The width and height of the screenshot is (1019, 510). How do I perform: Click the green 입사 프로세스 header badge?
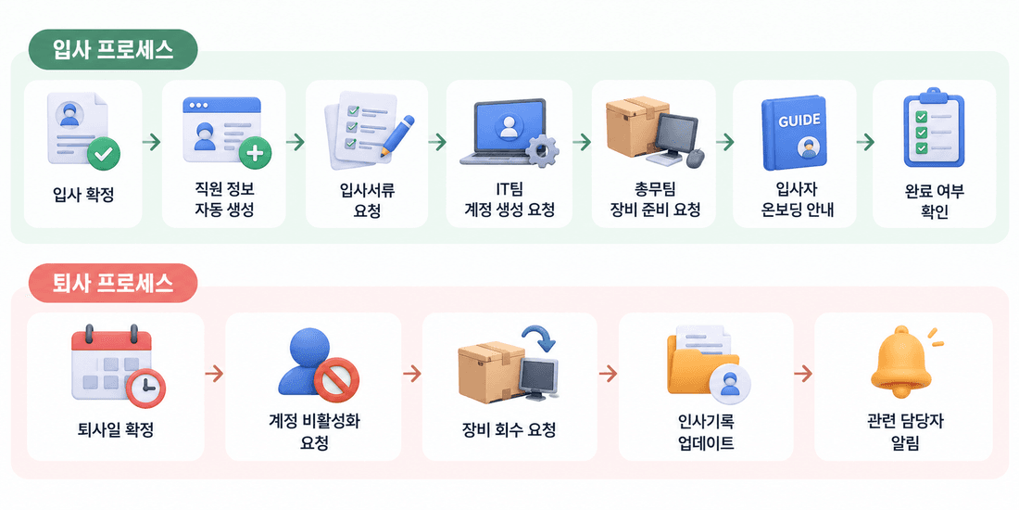coord(112,50)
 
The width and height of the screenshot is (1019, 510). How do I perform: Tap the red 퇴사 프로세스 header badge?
coord(112,283)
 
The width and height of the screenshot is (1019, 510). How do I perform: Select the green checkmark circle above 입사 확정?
coord(104,154)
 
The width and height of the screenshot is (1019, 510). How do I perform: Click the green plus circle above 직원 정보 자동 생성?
coord(256,154)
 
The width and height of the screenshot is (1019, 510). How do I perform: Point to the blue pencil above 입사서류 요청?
coord(397,135)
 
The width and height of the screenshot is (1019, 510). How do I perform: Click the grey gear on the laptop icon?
coord(542,151)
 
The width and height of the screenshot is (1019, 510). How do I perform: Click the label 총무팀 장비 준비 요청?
coord(654,199)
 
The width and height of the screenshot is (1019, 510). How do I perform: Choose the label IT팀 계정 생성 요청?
coord(509,199)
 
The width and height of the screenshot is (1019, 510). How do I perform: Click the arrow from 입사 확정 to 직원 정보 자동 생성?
coord(152,142)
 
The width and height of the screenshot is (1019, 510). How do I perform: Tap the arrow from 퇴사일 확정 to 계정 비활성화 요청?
coord(215,374)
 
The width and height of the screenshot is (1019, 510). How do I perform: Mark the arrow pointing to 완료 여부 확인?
coord(864,142)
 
